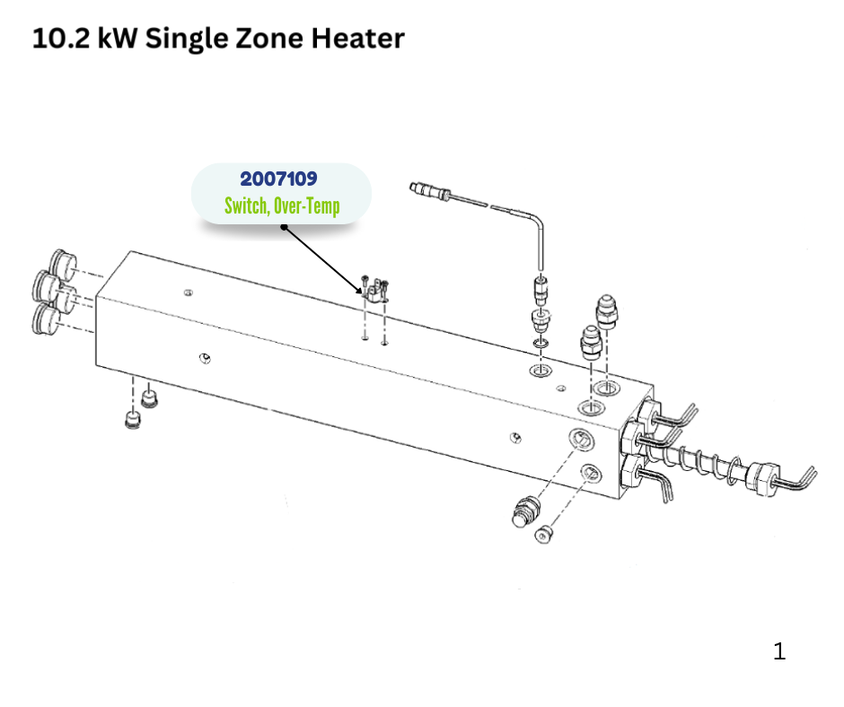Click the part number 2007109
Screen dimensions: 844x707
[279, 179]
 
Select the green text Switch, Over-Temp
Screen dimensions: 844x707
[282, 206]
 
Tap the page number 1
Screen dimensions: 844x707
[778, 651]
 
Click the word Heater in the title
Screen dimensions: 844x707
[358, 39]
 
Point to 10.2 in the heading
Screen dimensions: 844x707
[61, 39]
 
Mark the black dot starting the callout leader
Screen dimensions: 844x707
[284, 227]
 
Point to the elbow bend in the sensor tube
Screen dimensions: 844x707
[537, 220]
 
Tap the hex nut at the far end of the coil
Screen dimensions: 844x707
[762, 477]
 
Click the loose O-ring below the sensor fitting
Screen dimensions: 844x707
[541, 343]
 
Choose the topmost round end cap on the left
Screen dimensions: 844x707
[63, 264]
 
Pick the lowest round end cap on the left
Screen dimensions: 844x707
[46, 319]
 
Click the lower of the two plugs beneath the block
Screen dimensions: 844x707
[132, 420]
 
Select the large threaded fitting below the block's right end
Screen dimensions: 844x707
[525, 511]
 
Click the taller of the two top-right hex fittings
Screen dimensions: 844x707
[607, 311]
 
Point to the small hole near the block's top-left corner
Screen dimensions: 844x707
[189, 292]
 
